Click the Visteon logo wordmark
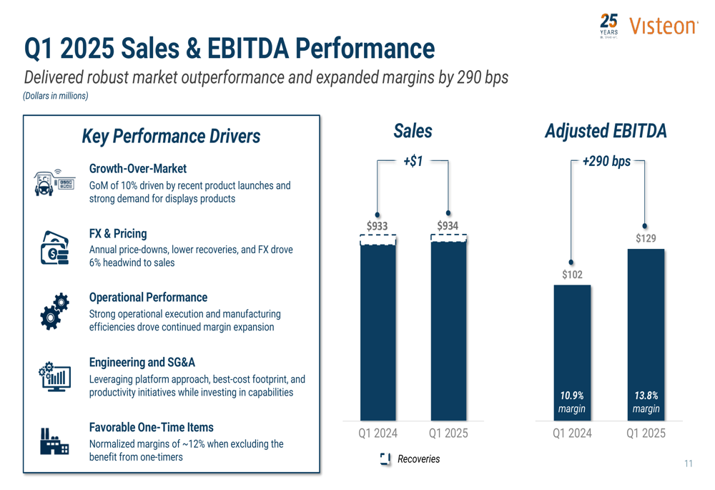pyautogui.click(x=664, y=26)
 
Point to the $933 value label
pyautogui.click(x=378, y=226)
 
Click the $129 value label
pyautogui.click(x=646, y=239)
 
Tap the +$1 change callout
pyautogui.click(x=413, y=162)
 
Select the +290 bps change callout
pyautogui.click(x=606, y=162)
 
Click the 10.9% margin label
pyautogui.click(x=572, y=402)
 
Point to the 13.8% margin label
pyautogui.click(x=646, y=402)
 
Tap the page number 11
pyautogui.click(x=688, y=464)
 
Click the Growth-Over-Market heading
pyautogui.click(x=137, y=169)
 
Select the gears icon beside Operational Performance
pyautogui.click(x=55, y=310)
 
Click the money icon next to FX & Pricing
pyautogui.click(x=55, y=248)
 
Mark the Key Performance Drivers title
pyautogui.click(x=171, y=136)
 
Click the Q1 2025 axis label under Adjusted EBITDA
pyautogui.click(x=646, y=433)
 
